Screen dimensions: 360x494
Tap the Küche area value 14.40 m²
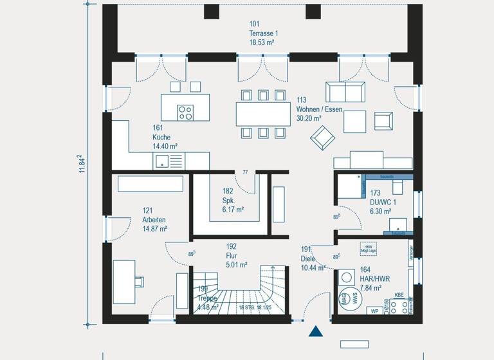[x=165, y=147]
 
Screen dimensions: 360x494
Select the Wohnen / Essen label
[x=319, y=109]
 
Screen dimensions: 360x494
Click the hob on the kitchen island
[x=185, y=113]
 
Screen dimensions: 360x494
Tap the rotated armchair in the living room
[x=322, y=136]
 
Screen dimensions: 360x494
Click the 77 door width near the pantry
[x=245, y=173]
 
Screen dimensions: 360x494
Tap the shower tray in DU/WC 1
[x=350, y=187]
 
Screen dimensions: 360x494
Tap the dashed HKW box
[x=369, y=249]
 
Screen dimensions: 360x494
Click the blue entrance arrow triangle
[x=316, y=331]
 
